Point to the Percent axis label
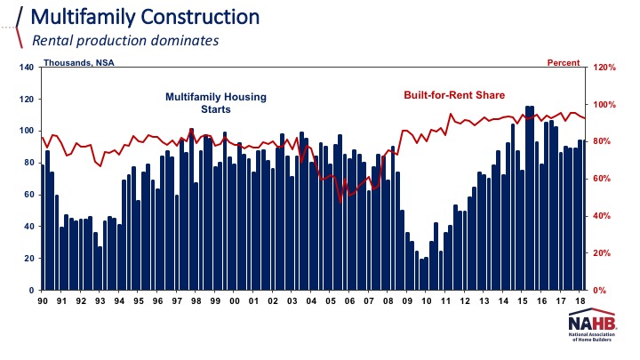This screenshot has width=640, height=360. point(562,63)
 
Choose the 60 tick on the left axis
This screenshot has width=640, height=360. point(28,195)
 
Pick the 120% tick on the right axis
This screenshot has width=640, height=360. point(604,68)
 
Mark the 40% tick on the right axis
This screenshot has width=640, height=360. point(603,216)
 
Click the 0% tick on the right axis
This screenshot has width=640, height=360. point(600,291)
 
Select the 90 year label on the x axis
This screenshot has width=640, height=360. point(43,302)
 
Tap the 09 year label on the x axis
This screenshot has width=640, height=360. point(407,302)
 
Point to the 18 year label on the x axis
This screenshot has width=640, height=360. point(580,302)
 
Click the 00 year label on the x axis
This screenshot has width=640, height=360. point(235,302)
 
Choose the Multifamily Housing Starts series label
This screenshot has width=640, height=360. point(216,102)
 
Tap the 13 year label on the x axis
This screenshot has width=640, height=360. point(484,302)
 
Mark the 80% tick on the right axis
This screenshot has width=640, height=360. point(603,142)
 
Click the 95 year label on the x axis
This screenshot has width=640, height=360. point(139,302)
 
